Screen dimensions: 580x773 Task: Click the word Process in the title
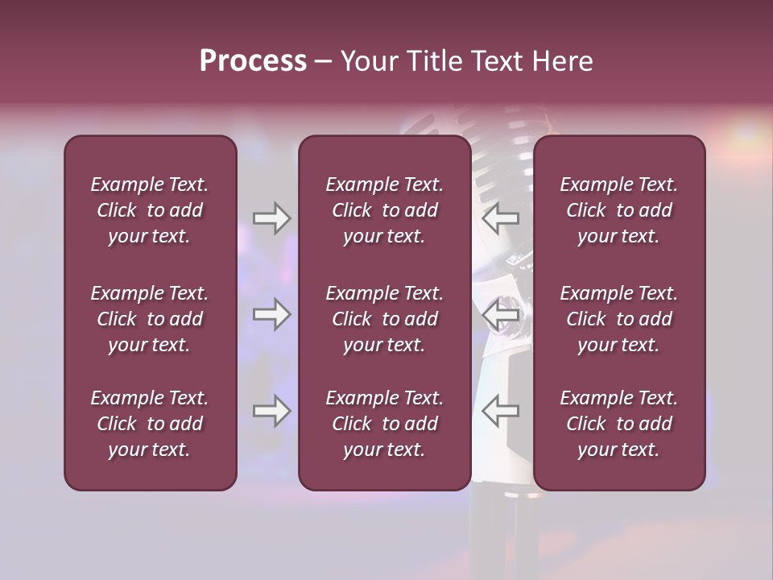click(253, 61)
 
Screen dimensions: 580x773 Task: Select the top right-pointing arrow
click(271, 217)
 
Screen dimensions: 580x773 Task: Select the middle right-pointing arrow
click(271, 314)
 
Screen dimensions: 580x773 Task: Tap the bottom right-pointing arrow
click(271, 412)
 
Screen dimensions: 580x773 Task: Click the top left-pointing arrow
click(500, 217)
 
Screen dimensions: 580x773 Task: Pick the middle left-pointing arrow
click(500, 314)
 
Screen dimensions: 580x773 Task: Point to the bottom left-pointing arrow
click(500, 412)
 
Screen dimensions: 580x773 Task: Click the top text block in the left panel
click(150, 210)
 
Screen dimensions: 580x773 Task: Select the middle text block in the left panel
click(150, 319)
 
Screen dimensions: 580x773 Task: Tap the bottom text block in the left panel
click(150, 424)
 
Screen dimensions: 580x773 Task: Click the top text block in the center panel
click(384, 210)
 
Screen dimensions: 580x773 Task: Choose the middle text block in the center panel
click(384, 319)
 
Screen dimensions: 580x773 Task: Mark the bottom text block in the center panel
click(384, 424)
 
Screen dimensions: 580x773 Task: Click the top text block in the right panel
click(618, 210)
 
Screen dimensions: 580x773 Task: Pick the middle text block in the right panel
click(618, 319)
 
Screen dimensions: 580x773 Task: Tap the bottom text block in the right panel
click(618, 424)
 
